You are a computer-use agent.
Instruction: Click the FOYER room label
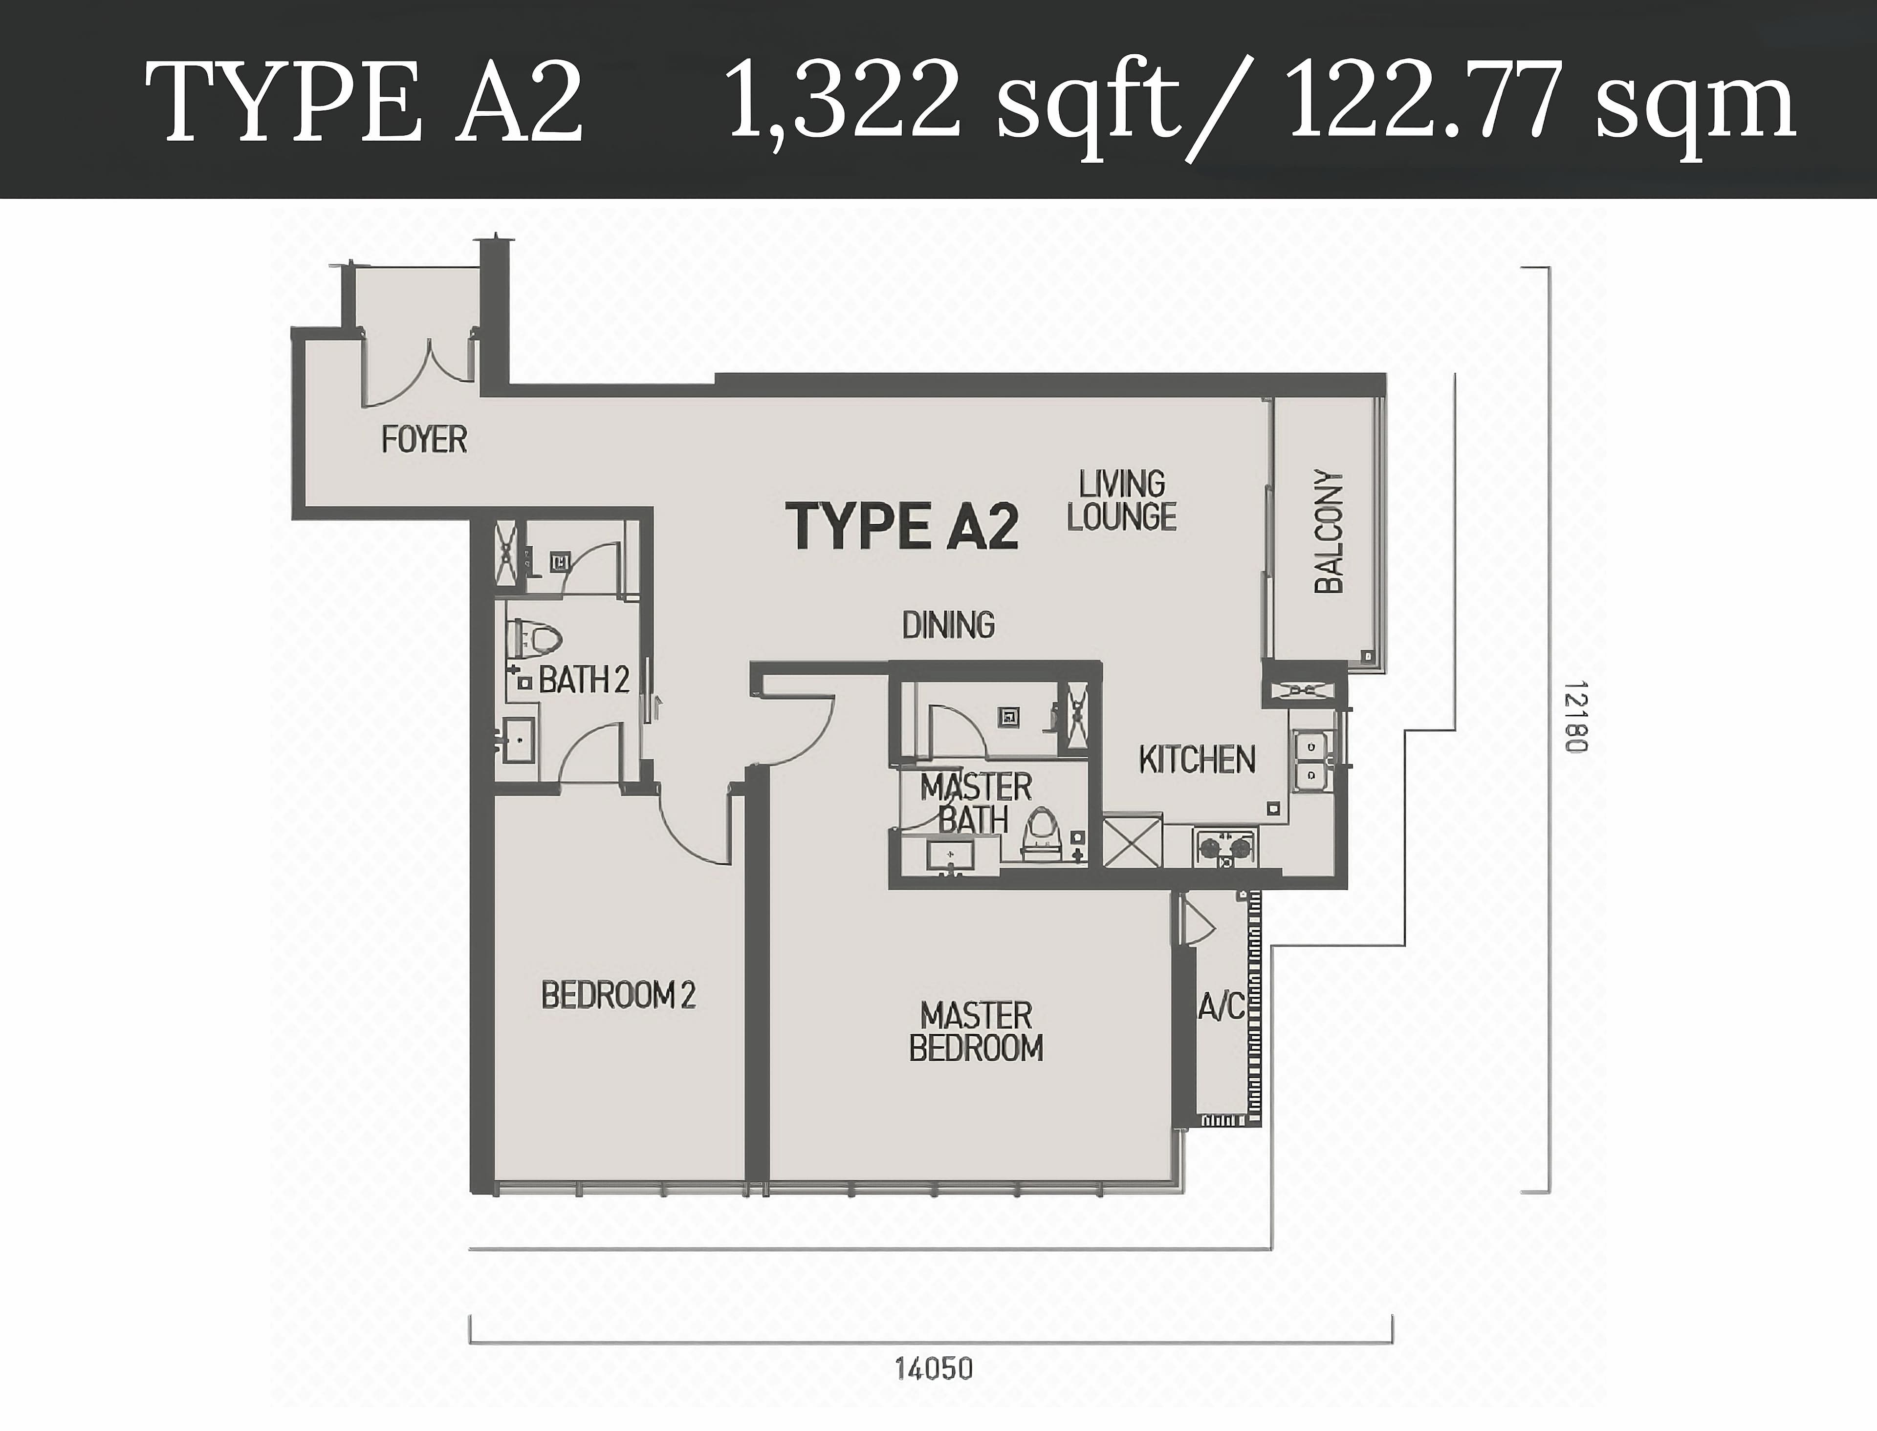click(x=423, y=440)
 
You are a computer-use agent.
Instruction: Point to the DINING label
click(x=948, y=625)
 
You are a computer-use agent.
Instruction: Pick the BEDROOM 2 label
click(x=618, y=995)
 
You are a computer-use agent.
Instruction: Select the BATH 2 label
click(x=585, y=680)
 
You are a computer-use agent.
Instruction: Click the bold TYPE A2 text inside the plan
click(x=906, y=526)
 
